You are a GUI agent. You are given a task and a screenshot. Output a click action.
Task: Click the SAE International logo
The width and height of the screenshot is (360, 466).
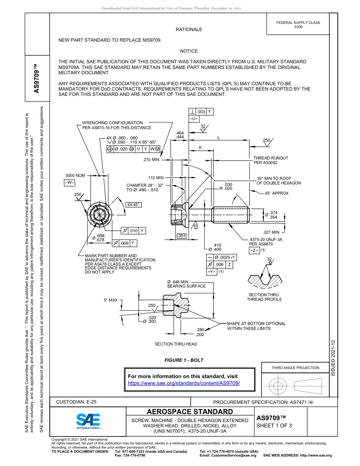[88, 421]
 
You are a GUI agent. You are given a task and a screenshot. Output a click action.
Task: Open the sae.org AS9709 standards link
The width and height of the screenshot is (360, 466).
[184, 383]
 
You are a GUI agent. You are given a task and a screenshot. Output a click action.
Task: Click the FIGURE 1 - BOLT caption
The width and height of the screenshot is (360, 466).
[184, 360]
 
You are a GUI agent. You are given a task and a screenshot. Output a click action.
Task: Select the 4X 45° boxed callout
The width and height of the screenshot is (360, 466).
[133, 205]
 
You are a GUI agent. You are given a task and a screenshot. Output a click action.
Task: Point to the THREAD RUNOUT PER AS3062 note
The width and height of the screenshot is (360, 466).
[271, 160]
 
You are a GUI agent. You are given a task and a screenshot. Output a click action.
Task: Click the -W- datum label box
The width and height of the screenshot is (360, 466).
[69, 183]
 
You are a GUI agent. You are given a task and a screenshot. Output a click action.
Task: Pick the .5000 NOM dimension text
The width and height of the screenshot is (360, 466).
[75, 175]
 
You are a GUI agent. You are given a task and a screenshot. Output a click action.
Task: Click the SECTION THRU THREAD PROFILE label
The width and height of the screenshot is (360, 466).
[264, 297]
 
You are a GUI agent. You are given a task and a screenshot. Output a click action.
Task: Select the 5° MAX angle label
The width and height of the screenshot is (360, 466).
[111, 300]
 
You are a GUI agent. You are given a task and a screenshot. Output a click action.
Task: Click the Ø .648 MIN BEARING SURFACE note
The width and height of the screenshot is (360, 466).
[186, 284]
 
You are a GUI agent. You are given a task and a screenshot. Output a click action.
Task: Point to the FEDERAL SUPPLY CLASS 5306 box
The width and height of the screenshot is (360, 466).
[298, 25]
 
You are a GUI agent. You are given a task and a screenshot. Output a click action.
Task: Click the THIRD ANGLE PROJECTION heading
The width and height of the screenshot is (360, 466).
[295, 367]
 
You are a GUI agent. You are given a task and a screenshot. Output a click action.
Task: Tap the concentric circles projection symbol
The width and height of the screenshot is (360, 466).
[278, 386]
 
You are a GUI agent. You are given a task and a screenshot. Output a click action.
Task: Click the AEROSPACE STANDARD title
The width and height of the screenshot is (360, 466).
[190, 412]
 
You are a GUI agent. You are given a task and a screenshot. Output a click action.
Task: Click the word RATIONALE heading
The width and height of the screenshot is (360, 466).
[189, 30]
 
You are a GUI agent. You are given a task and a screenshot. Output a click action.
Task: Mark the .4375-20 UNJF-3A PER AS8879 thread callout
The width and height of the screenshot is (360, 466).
[266, 242]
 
